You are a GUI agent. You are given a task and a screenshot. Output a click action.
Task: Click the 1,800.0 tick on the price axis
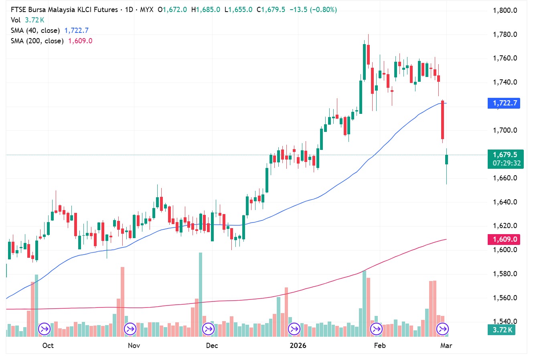505,10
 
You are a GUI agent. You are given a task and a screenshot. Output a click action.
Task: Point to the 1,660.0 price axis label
505,178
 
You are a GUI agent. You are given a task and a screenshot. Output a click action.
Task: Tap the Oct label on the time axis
48,346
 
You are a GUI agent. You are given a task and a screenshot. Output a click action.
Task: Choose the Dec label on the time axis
212,346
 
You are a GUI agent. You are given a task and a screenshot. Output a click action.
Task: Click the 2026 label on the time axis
298,346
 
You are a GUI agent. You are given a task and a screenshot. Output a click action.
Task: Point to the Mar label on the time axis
446,346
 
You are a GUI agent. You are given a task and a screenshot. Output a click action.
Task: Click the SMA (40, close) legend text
35,30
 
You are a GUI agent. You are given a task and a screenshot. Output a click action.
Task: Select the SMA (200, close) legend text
37,41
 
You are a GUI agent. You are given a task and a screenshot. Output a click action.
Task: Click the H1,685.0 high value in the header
206,10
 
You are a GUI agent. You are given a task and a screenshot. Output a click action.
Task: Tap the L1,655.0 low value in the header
238,10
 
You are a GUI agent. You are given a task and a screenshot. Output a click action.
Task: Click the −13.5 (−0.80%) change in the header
313,10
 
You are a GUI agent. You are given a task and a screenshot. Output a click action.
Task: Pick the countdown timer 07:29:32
507,164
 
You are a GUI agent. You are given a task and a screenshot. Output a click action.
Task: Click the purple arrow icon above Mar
442,330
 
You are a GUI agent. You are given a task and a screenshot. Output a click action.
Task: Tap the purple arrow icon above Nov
130,330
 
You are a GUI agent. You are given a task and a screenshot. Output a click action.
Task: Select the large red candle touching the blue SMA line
443,120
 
